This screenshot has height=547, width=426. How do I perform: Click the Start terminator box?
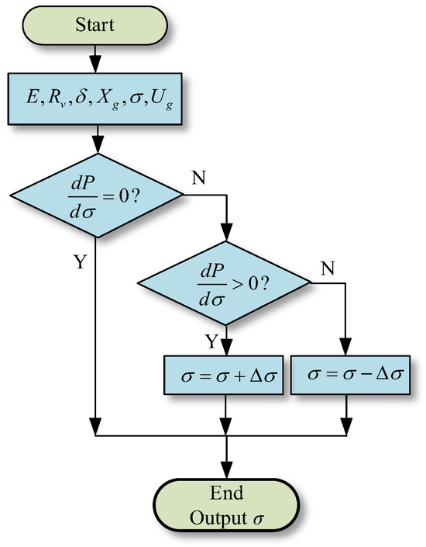(x=94, y=24)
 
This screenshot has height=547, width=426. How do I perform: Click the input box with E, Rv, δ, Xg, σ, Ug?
(x=94, y=99)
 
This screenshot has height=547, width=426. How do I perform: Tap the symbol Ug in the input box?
(x=167, y=101)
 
